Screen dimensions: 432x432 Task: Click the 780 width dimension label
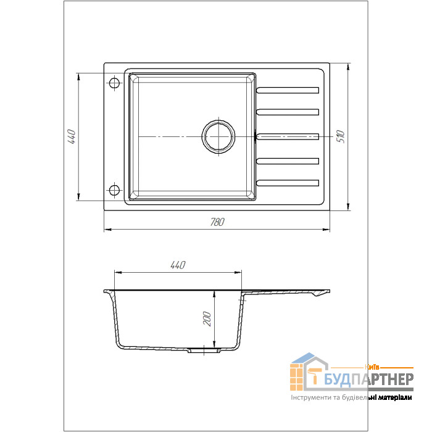coord(217,222)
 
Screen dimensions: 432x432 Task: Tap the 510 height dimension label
coord(341,136)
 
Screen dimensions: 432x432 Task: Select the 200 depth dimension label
coord(207,319)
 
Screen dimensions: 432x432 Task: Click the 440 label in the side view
coord(178,265)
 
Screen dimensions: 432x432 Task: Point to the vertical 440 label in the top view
coord(72,136)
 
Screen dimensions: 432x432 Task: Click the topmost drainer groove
coord(288,90)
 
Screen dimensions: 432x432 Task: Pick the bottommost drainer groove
coord(288,183)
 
